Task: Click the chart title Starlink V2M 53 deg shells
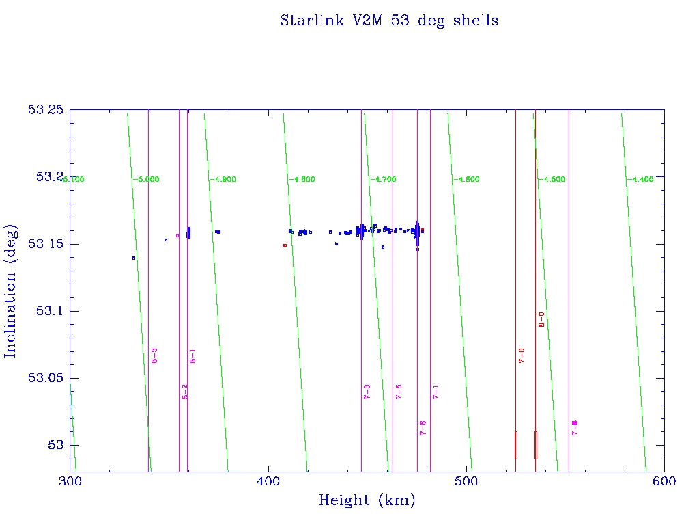[389, 21]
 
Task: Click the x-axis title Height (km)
[367, 500]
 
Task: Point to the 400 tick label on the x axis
[268, 481]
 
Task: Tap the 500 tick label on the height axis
[466, 481]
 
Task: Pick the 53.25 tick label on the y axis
[45, 109]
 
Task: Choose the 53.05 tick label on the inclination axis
[45, 378]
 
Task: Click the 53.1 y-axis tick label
[48, 311]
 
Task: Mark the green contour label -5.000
[145, 179]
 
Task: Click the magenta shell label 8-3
[155, 355]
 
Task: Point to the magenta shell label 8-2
[184, 391]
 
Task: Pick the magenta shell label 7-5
[399, 391]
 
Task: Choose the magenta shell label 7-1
[436, 391]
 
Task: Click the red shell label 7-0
[522, 355]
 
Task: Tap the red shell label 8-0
[541, 319]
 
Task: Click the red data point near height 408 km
[285, 245]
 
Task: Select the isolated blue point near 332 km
[134, 258]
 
